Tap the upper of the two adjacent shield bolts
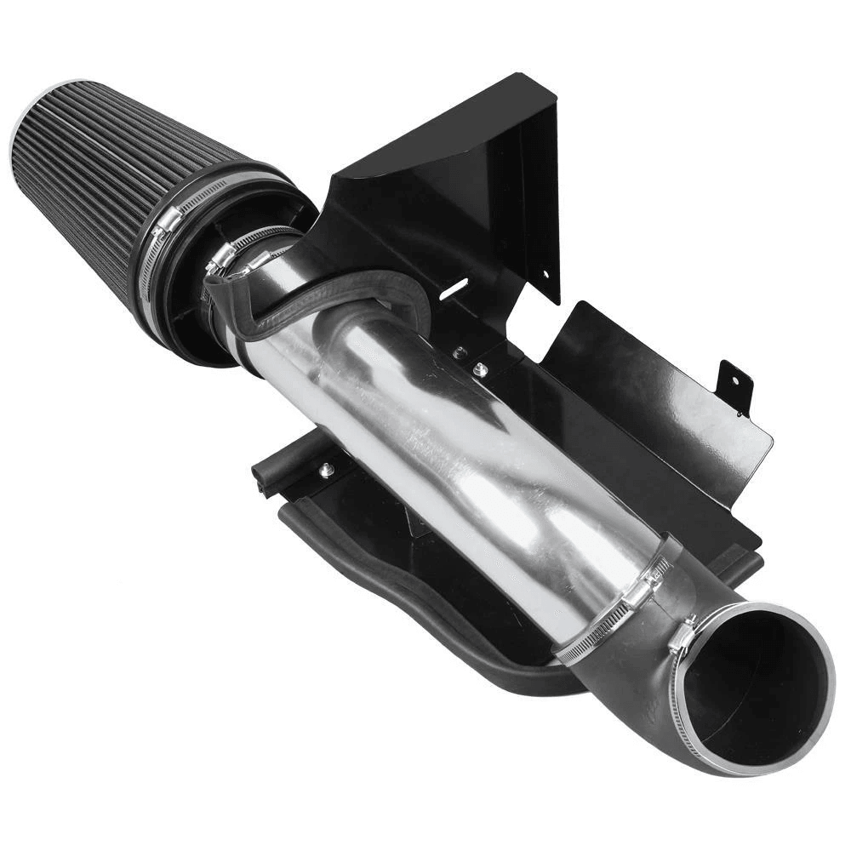pyautogui.click(x=460, y=351)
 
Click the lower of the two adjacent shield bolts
pyautogui.click(x=481, y=368)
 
